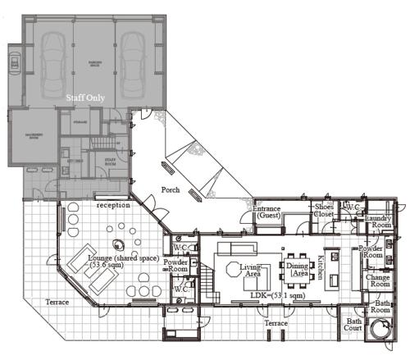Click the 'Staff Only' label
[86, 97]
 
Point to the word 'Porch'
[171, 191]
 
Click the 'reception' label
[112, 206]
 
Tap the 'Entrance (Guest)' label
[267, 212]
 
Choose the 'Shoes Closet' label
[324, 212]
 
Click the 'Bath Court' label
[353, 326]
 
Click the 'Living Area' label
[249, 270]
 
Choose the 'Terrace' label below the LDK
[277, 325]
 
